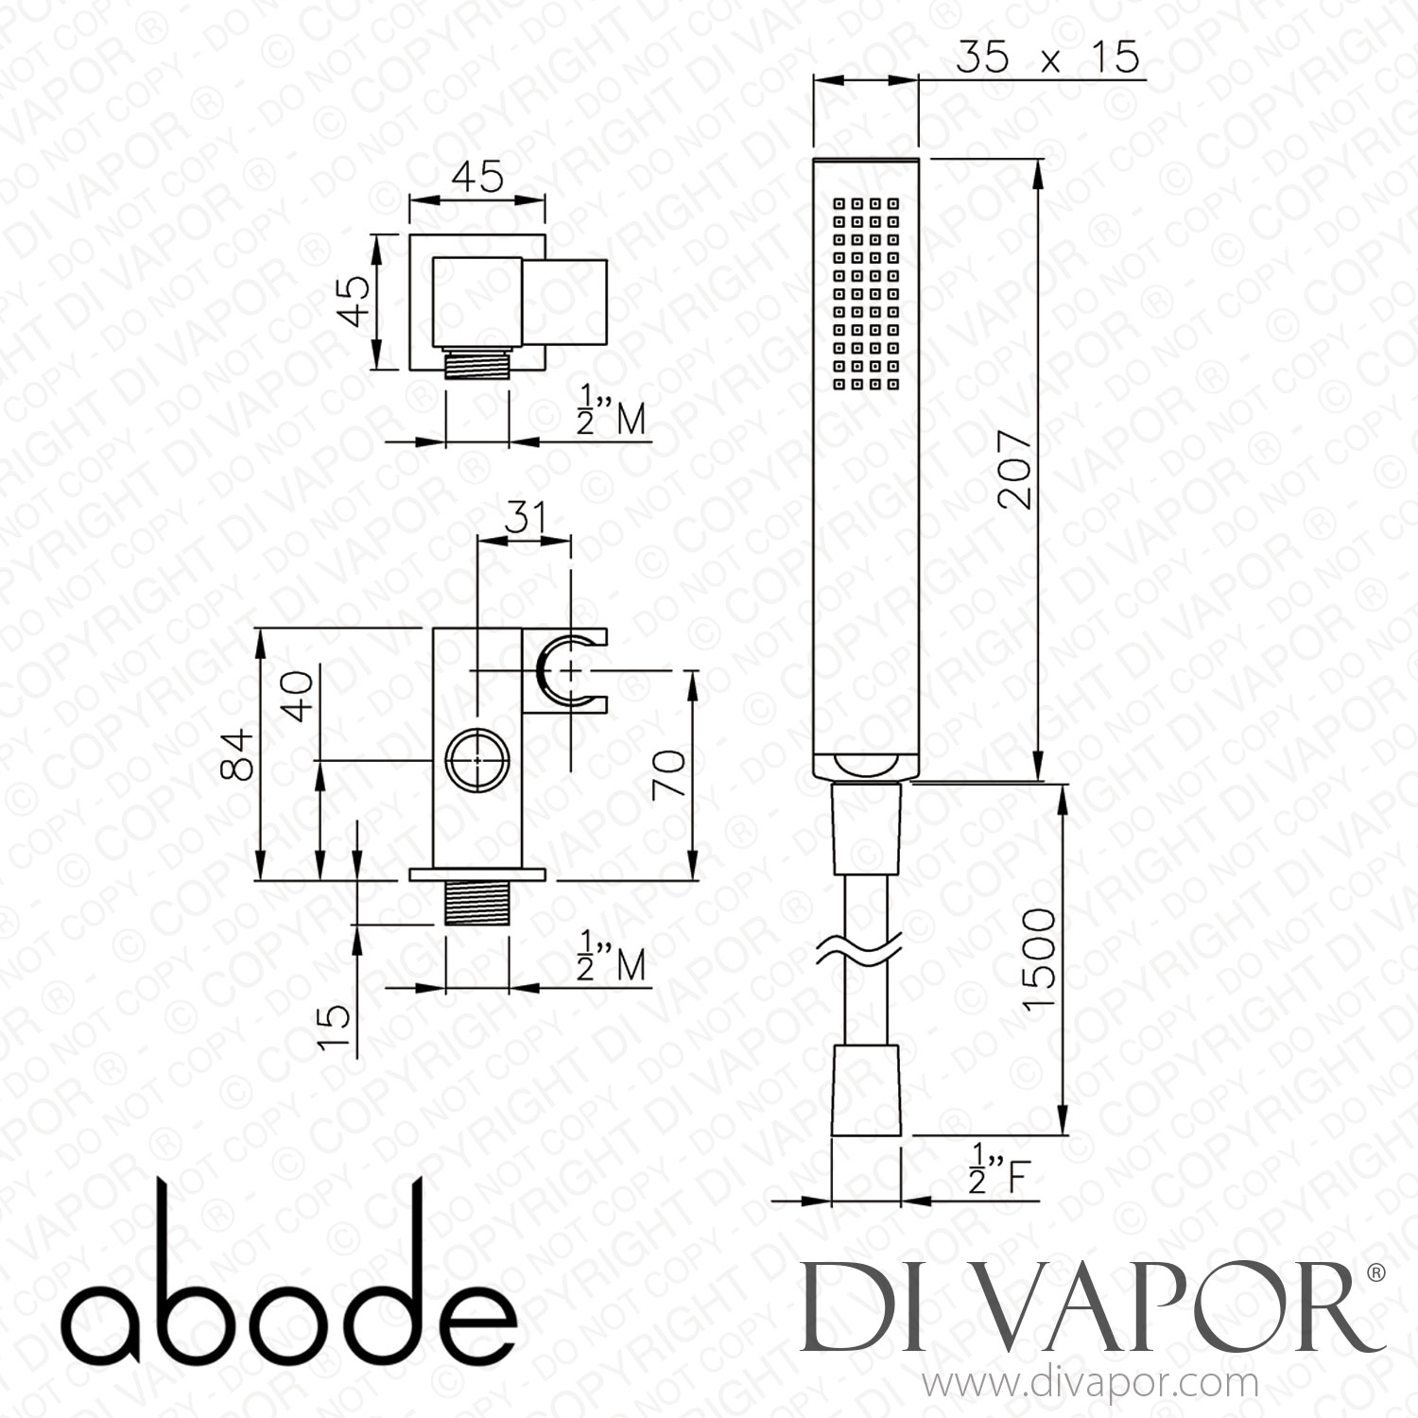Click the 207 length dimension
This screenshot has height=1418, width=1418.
click(1013, 470)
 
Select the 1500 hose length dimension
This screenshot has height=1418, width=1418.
click(1039, 959)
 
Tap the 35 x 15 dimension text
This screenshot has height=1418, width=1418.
click(1047, 58)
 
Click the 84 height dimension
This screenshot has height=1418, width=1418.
click(238, 753)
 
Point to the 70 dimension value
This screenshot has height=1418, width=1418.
click(669, 774)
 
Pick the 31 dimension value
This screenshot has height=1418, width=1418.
click(526, 518)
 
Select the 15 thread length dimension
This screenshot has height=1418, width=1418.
click(334, 1029)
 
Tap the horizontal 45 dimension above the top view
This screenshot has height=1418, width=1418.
click(477, 178)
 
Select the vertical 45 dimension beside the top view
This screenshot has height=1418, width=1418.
click(356, 301)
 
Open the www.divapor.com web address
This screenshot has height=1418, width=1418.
click(1090, 1384)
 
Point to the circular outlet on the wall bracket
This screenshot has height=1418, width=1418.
click(477, 759)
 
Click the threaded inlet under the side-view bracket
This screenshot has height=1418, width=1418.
click(477, 902)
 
